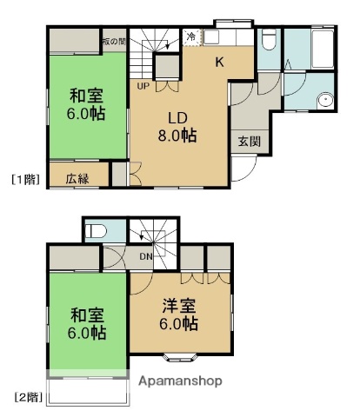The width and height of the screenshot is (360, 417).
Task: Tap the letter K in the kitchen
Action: pyautogui.click(x=220, y=61)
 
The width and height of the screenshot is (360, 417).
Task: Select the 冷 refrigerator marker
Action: pyautogui.click(x=190, y=36)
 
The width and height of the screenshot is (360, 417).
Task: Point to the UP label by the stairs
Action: pyautogui.click(x=142, y=85)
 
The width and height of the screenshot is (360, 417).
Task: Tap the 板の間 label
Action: pyautogui.click(x=112, y=40)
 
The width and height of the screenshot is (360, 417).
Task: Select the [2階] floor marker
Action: pyautogui.click(x=27, y=397)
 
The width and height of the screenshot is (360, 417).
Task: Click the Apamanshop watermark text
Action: pyautogui.click(x=179, y=381)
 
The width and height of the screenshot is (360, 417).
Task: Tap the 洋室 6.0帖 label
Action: pyautogui.click(x=180, y=314)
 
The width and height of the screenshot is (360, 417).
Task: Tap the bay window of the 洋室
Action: pyautogui.click(x=180, y=354)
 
